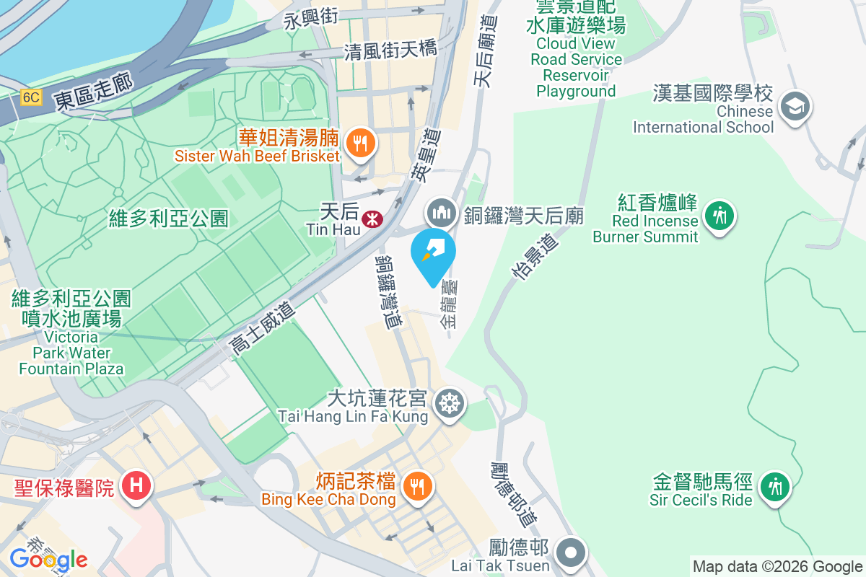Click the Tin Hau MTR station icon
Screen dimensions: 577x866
coord(372,218)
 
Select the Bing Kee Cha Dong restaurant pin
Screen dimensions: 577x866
coord(416,485)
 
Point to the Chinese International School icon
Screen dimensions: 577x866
coord(795,107)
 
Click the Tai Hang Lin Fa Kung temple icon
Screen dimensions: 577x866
coord(450,402)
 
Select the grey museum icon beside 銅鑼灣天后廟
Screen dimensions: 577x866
coord(441,213)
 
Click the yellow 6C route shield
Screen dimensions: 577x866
coord(30,97)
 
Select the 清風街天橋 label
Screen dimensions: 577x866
coord(390,50)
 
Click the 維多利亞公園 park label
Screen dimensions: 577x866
coord(169,217)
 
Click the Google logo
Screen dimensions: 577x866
coord(49,560)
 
